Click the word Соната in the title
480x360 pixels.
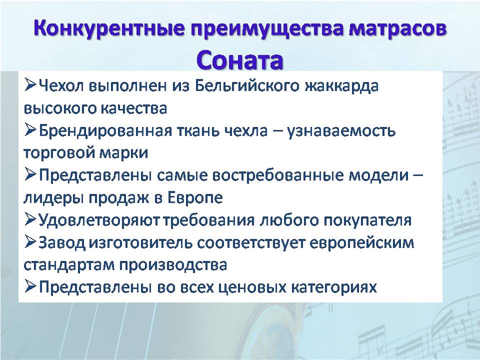click(239, 61)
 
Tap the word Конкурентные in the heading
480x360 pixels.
click(109, 28)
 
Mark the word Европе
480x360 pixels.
click(195, 198)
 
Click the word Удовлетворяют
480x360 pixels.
click(99, 220)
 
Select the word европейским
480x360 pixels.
click(362, 243)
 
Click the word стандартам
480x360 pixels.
click(69, 265)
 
